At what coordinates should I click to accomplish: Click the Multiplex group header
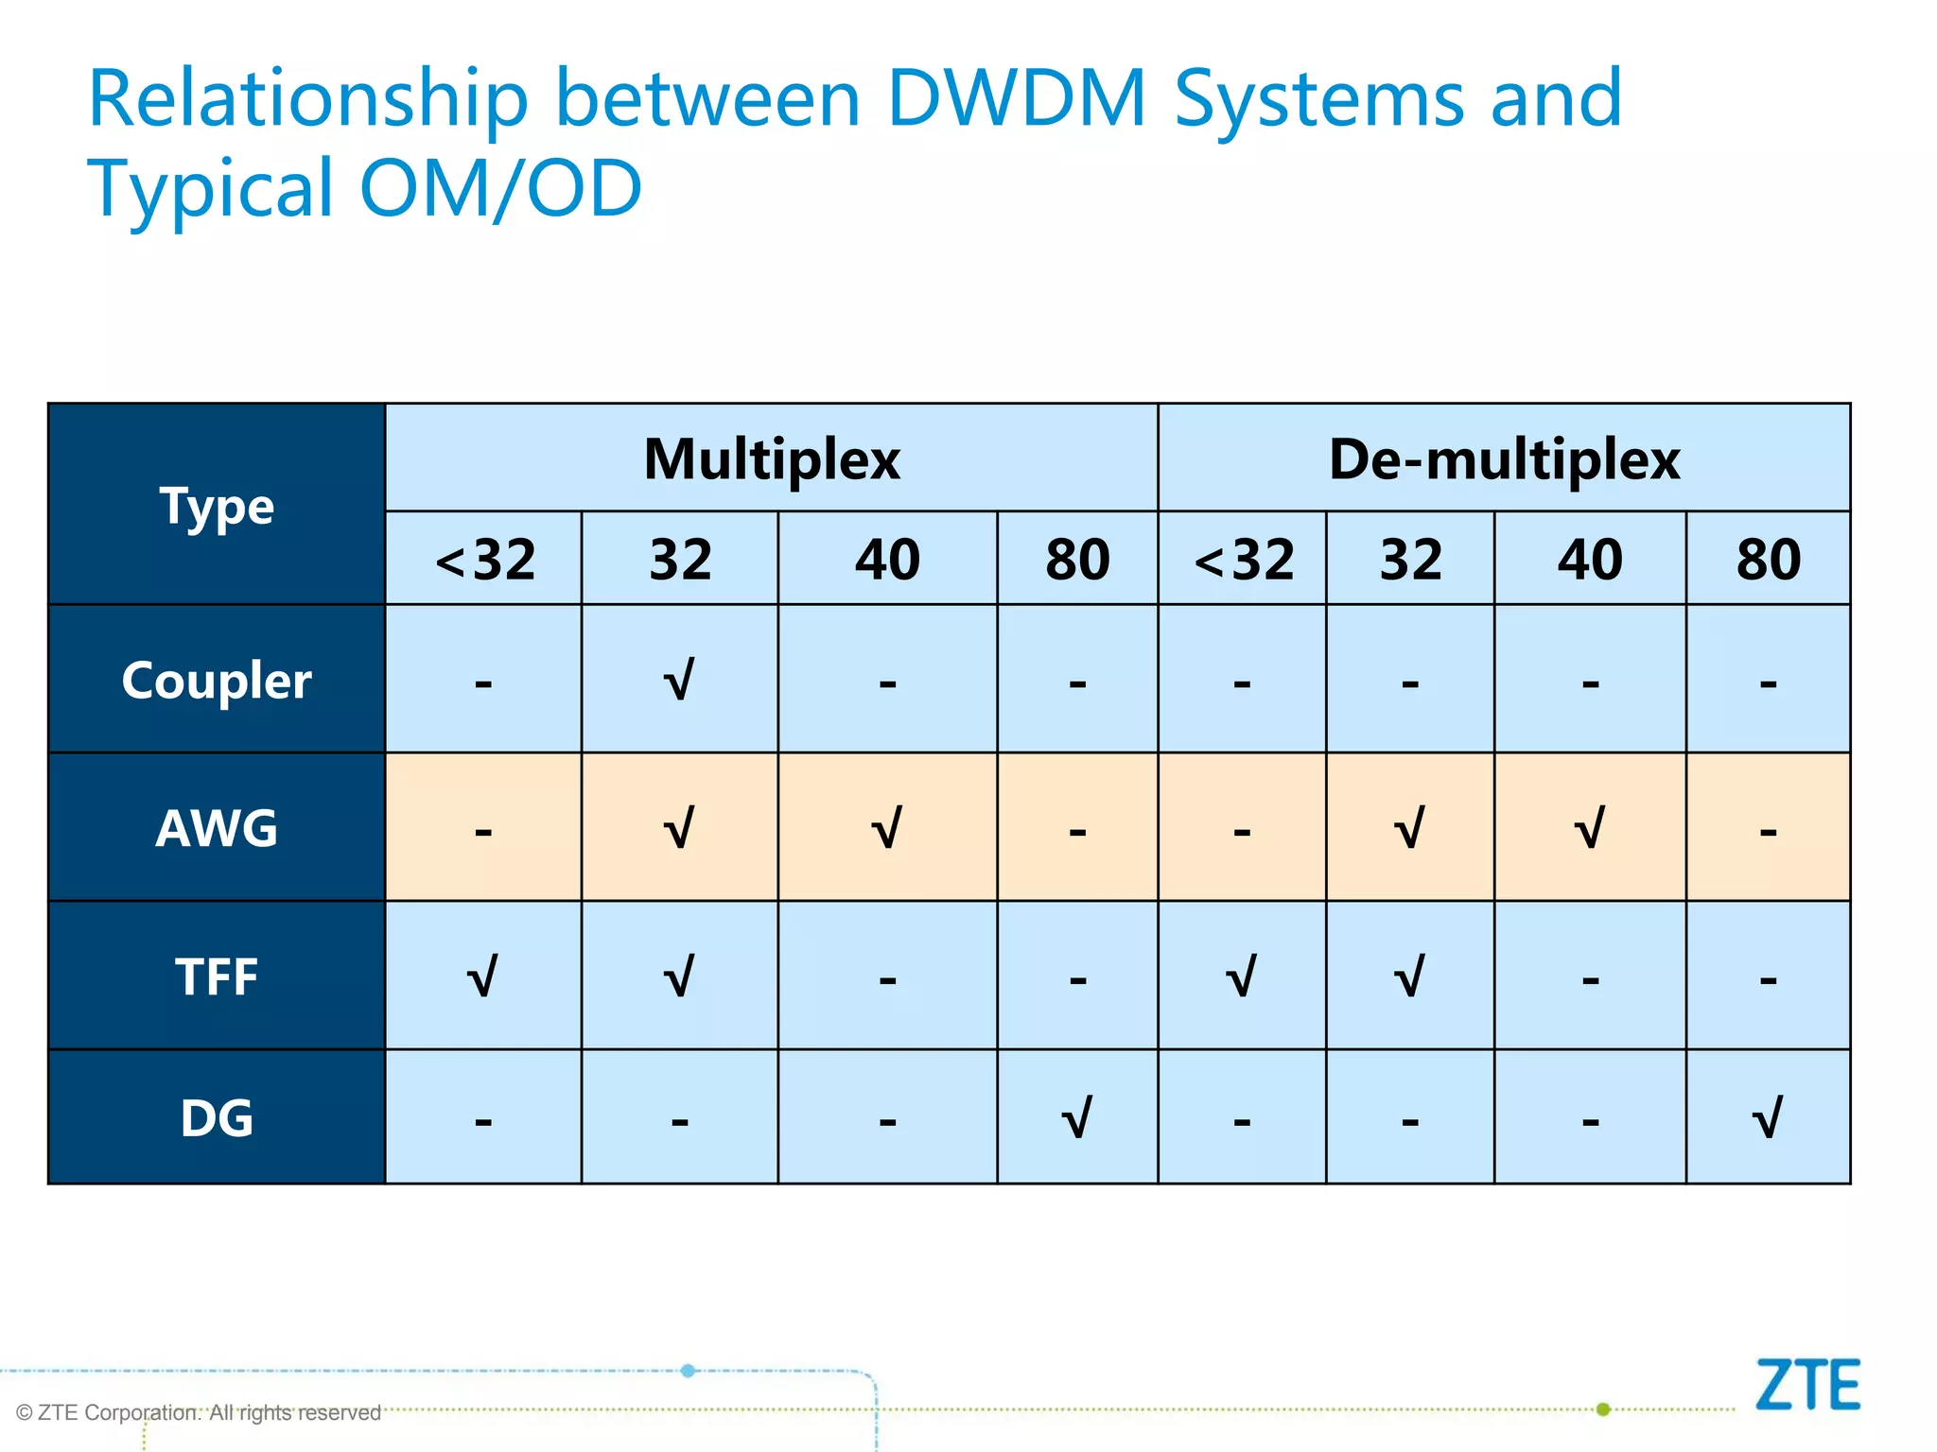pyautogui.click(x=772, y=460)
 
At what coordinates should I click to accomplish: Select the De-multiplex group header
pyautogui.click(x=1504, y=460)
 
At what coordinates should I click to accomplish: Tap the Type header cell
pyautogui.click(x=217, y=506)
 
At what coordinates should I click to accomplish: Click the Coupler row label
pyautogui.click(x=217, y=680)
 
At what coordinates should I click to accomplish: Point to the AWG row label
pyautogui.click(x=217, y=828)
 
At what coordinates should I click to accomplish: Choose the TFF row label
pyautogui.click(x=217, y=977)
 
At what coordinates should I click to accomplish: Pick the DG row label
pyautogui.click(x=217, y=1117)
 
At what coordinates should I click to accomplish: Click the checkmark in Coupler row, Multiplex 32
pyautogui.click(x=679, y=679)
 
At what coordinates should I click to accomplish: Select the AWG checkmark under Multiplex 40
pyautogui.click(x=886, y=828)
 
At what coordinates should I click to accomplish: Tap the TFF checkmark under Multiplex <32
pyautogui.click(x=482, y=977)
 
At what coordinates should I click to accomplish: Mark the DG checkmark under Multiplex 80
pyautogui.click(x=1077, y=1117)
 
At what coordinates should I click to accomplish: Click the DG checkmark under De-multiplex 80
pyautogui.click(x=1768, y=1117)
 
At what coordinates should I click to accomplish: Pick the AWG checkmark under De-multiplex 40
pyautogui.click(x=1590, y=828)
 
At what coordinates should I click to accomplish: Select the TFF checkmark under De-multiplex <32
pyautogui.click(x=1242, y=977)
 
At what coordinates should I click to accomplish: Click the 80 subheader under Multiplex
pyautogui.click(x=1077, y=559)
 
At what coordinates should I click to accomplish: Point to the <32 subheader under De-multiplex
pyautogui.click(x=1243, y=559)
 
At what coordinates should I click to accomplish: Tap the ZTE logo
pyautogui.click(x=1807, y=1385)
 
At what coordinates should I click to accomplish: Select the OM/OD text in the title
pyautogui.click(x=500, y=187)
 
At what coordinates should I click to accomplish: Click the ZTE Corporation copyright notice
pyautogui.click(x=199, y=1412)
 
